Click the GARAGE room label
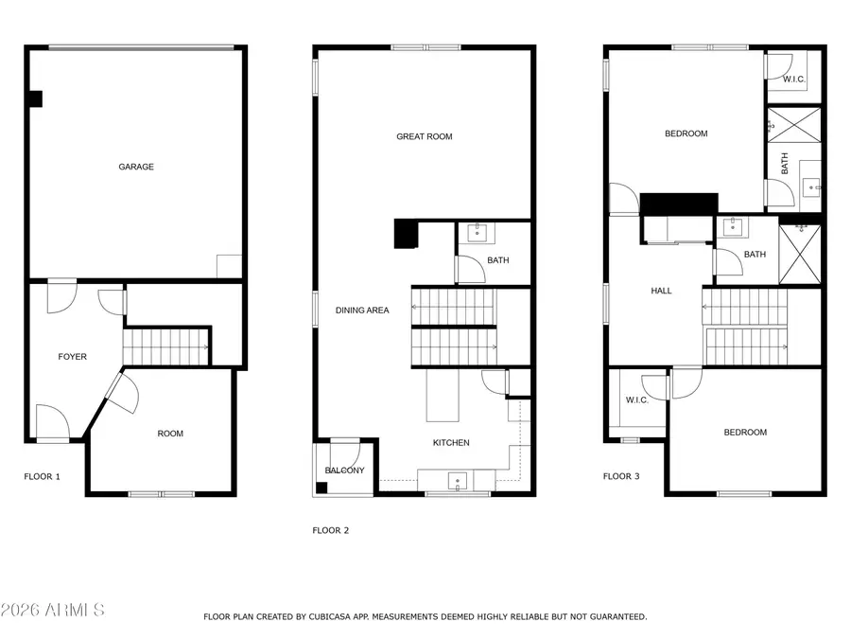[x=136, y=167]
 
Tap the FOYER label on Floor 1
[x=73, y=357]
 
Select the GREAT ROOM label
[x=424, y=136]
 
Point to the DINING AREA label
[x=362, y=311]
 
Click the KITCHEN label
[x=451, y=443]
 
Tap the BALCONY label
[x=344, y=470]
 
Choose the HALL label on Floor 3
[x=661, y=291]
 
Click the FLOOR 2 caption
[x=331, y=531]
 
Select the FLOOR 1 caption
[x=42, y=477]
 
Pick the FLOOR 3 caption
[x=621, y=477]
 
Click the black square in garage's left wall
[x=36, y=98]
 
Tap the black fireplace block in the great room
[x=406, y=233]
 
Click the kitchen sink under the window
[x=458, y=482]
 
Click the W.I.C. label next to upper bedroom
[x=793, y=80]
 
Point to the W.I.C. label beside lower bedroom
[x=636, y=400]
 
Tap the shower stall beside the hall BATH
[x=800, y=253]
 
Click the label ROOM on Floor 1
[x=170, y=434]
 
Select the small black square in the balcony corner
[x=322, y=488]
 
